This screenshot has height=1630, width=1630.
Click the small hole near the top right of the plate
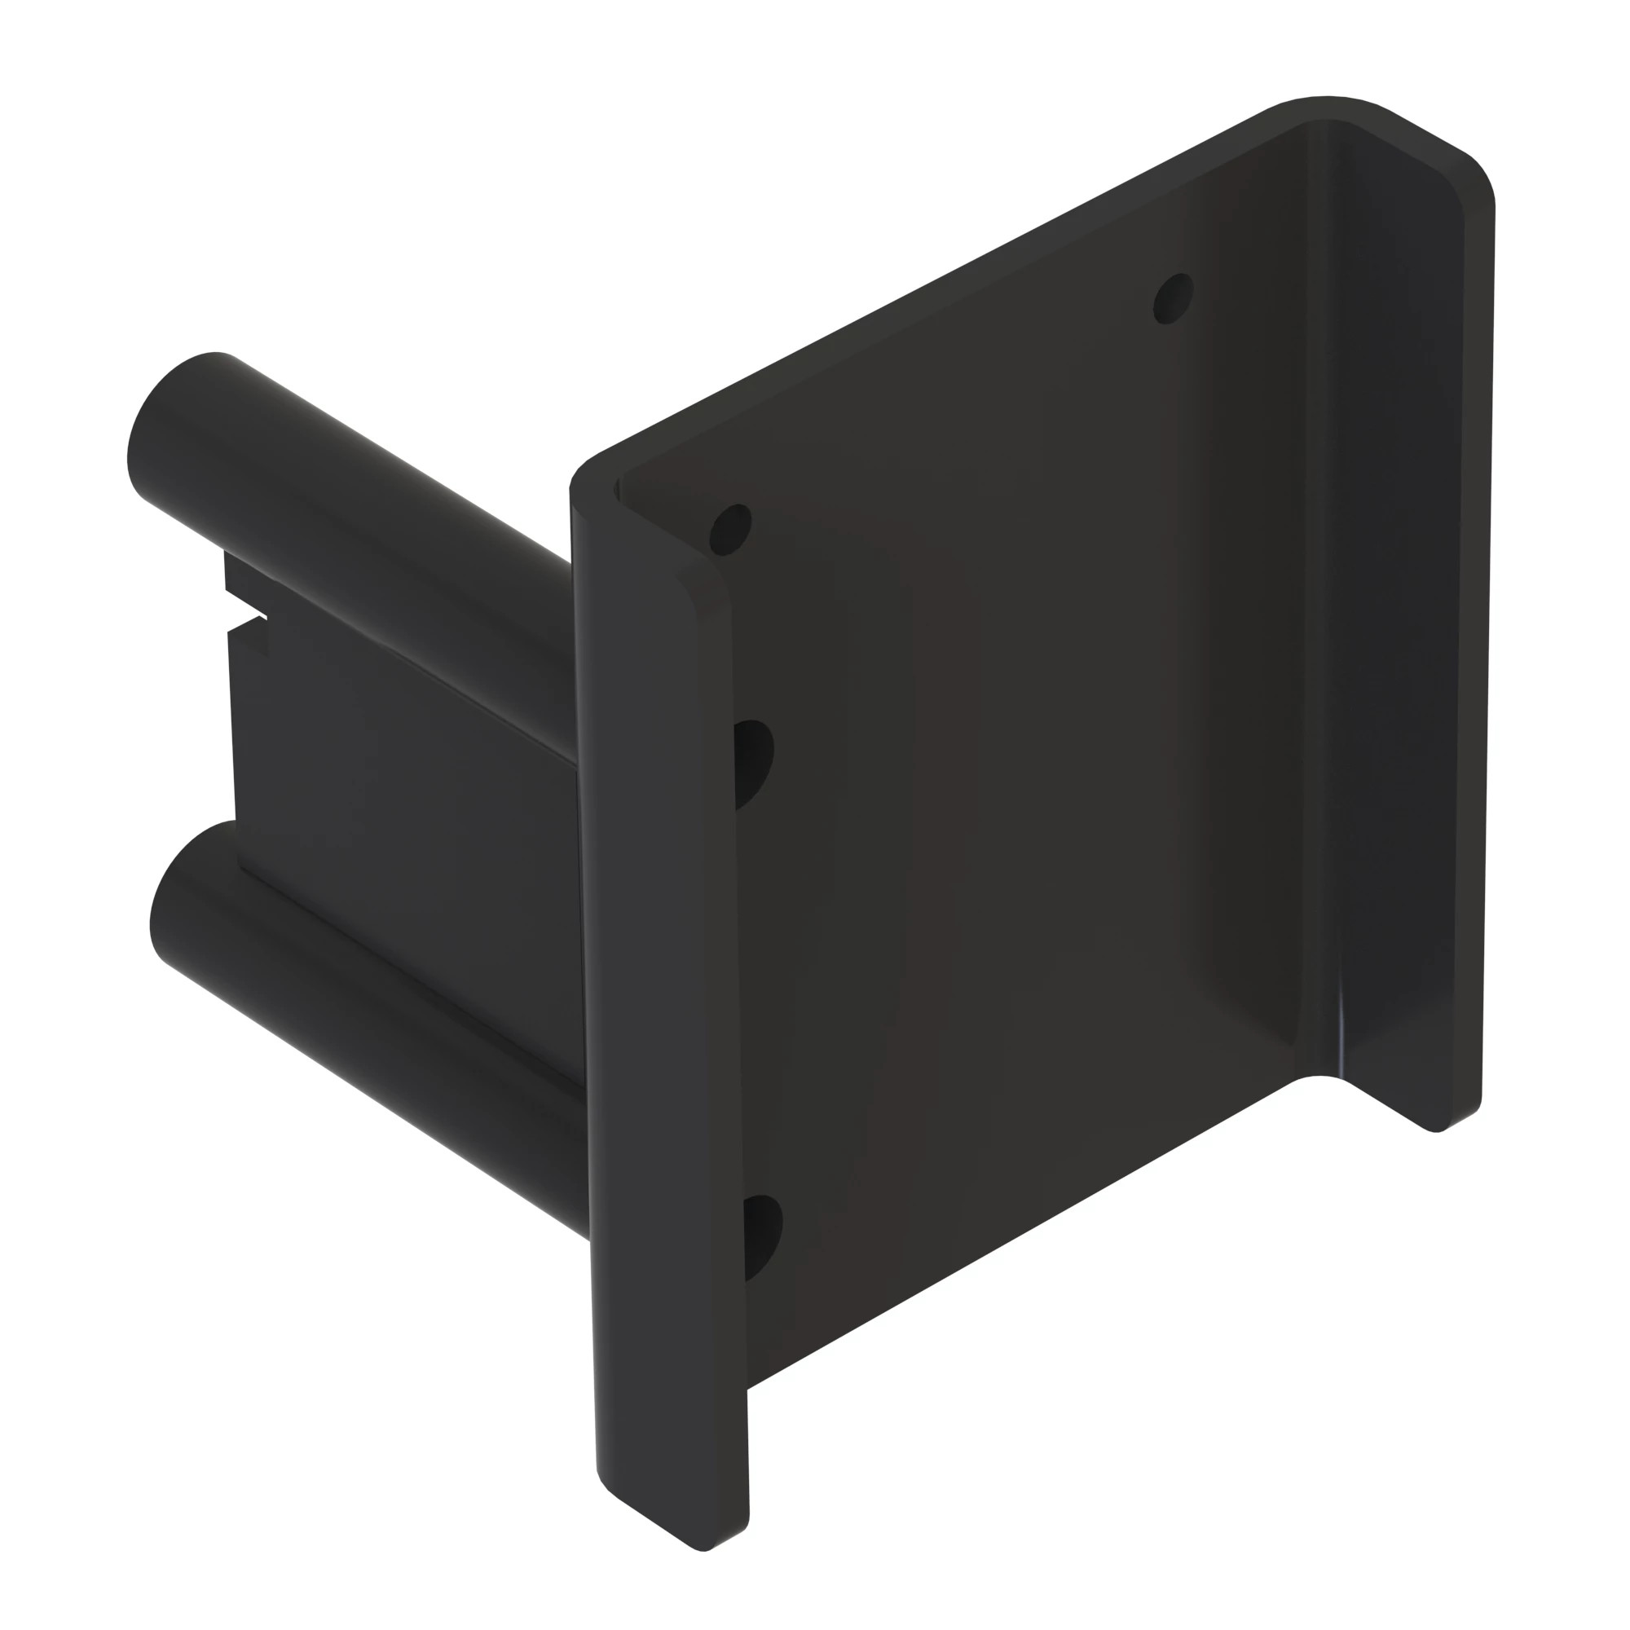(1173, 298)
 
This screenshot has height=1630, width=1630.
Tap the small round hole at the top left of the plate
(730, 530)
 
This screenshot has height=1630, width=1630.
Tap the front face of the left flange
(658, 928)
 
